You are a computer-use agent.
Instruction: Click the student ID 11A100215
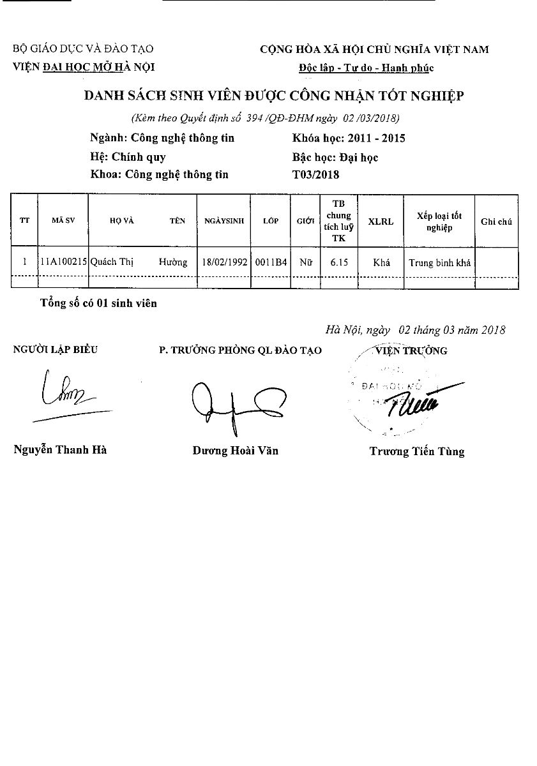coord(63,262)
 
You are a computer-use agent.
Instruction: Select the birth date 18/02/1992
coord(223,262)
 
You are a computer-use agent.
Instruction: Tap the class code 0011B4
coord(271,262)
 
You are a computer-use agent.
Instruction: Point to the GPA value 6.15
coord(338,262)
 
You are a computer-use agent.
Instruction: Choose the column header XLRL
coord(381,221)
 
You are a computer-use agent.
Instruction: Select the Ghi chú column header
coord(496,221)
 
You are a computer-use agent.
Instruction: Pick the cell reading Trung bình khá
coord(439,263)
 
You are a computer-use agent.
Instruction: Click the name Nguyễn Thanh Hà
coord(60,449)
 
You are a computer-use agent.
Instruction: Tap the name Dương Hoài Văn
coord(235,451)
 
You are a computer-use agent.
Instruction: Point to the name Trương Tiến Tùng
coord(416,451)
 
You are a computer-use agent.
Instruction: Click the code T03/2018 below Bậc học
coord(315,174)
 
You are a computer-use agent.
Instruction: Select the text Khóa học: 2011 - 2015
coord(348,138)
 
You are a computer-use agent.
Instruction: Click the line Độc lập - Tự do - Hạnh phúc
coord(366,68)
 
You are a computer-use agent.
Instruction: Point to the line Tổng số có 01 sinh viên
coord(98,303)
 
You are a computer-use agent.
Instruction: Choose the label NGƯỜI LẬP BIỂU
coord(56,349)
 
